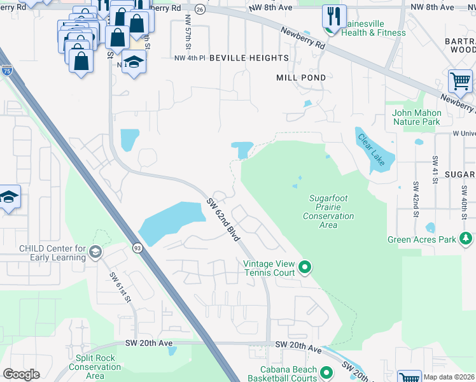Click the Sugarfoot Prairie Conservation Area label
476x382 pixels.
coord(328,207)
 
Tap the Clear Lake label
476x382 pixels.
coord(370,149)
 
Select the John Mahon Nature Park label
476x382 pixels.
coord(416,117)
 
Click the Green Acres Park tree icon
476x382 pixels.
coord(466,239)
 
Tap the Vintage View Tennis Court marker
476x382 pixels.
coord(305,267)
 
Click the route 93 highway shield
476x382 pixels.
coord(137,248)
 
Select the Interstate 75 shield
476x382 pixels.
coord(6,71)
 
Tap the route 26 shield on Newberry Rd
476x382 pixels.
coord(200,10)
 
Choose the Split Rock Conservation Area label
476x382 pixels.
coord(95,367)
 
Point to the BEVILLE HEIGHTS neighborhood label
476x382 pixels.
coord(249,58)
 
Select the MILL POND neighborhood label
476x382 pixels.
coord(301,78)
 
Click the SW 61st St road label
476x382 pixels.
coord(120,287)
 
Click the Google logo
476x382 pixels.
coord(22,374)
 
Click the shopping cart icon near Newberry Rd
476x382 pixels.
coord(460,81)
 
